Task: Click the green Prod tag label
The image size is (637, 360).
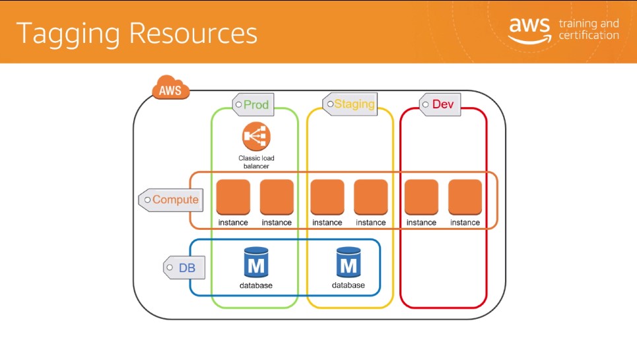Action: [x=253, y=104]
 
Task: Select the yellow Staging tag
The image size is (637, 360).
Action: [x=350, y=104]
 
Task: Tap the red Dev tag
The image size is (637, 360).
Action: [x=440, y=104]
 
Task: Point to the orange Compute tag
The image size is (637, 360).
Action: [x=170, y=200]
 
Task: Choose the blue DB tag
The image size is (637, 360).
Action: [x=184, y=268]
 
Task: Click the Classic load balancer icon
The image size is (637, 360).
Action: [x=256, y=136]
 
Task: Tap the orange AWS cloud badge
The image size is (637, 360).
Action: [x=170, y=87]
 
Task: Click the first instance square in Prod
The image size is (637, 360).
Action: [x=233, y=197]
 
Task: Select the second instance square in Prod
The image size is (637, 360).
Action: [x=277, y=197]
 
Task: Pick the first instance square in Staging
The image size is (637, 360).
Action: [x=327, y=197]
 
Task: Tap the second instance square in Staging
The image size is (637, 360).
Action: [x=371, y=197]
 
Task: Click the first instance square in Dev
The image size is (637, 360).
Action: [x=422, y=197]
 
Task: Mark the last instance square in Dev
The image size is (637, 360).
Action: [x=465, y=197]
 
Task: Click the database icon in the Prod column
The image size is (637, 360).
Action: [x=256, y=262]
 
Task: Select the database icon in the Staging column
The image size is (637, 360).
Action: [x=349, y=262]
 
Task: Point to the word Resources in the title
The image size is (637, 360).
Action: [x=193, y=33]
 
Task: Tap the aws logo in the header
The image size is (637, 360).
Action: [x=530, y=30]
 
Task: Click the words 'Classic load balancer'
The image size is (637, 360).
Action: [x=256, y=162]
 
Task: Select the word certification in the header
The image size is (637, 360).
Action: [x=589, y=36]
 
